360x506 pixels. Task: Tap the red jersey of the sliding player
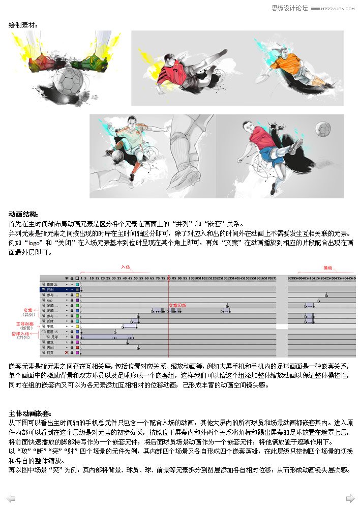point(170,73)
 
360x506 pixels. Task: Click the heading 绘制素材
point(22,24)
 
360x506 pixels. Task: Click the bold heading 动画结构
point(23,214)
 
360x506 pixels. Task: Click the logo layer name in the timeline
point(50,301)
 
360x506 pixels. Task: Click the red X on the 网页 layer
point(67,352)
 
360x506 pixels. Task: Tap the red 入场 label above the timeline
point(125,266)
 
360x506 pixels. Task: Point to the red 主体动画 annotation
point(25,323)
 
